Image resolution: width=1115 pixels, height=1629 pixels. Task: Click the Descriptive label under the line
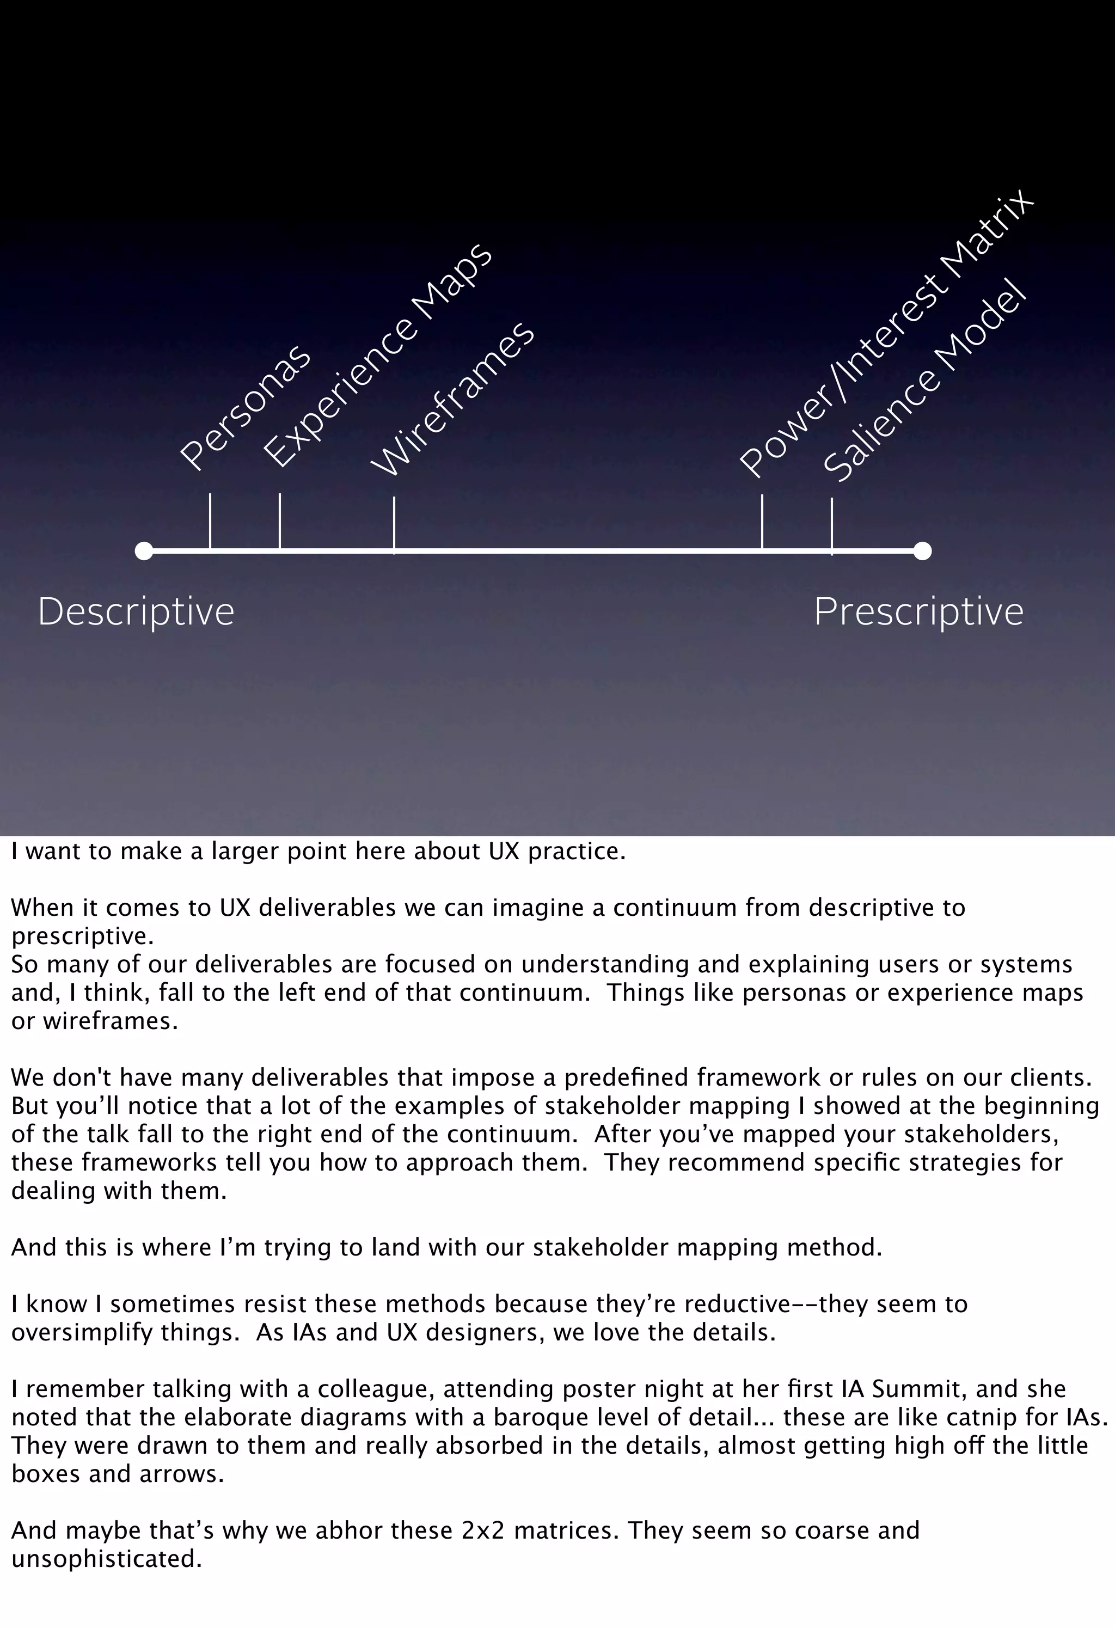[x=136, y=612]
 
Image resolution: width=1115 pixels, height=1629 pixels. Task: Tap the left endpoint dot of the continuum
[x=144, y=551]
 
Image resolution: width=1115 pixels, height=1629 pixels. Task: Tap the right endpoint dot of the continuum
[x=922, y=551]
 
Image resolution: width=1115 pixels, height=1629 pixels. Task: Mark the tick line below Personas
[x=210, y=522]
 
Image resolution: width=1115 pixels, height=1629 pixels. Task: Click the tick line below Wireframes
[x=394, y=524]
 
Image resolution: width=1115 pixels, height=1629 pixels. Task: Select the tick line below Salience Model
[x=832, y=526]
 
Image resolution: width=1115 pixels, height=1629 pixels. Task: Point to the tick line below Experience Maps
[x=280, y=522]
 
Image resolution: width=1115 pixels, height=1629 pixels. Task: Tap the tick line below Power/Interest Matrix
[x=762, y=523]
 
